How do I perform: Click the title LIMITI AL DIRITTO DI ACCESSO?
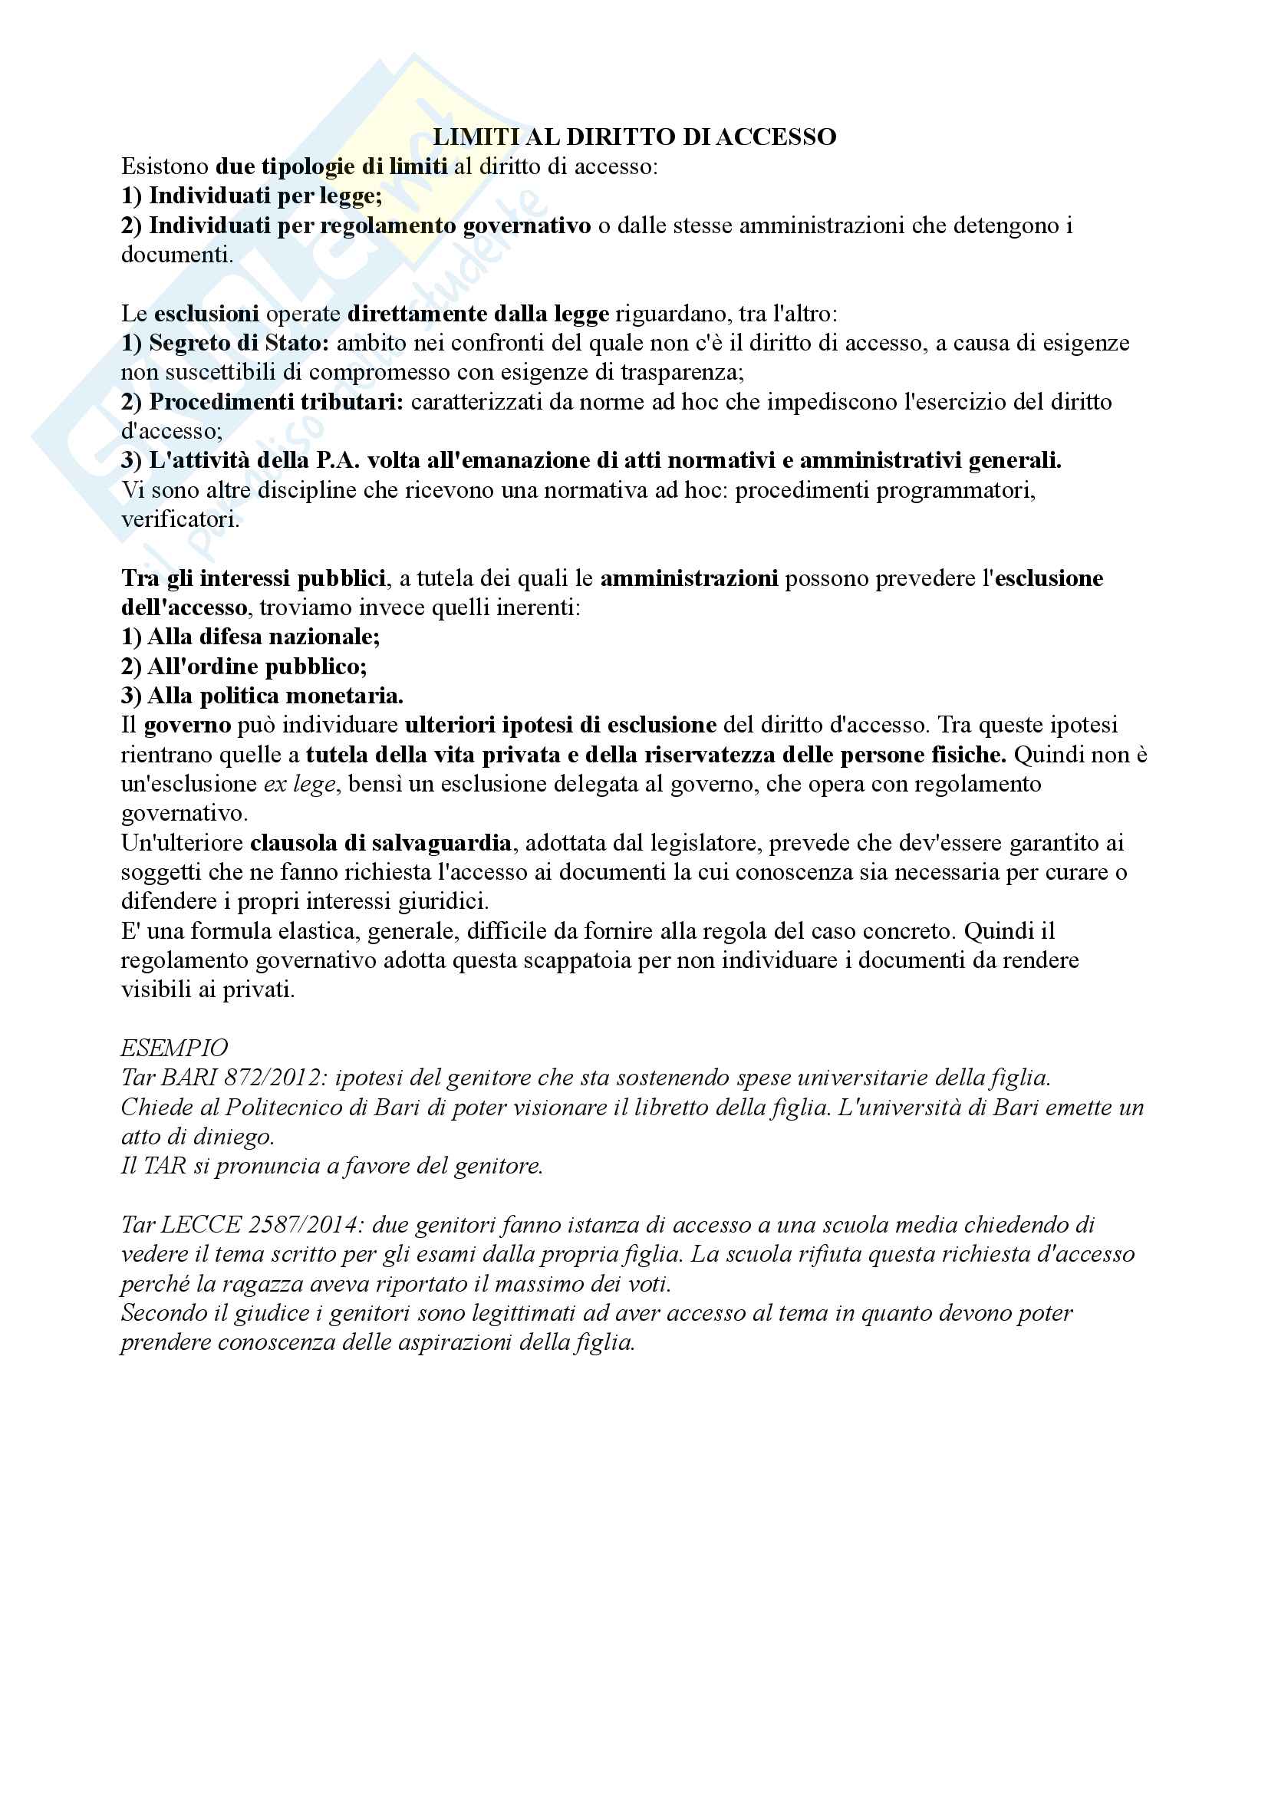click(634, 137)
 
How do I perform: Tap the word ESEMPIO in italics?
click(174, 1048)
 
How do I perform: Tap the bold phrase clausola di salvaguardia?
click(380, 842)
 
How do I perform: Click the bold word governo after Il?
click(187, 725)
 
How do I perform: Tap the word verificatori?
click(179, 519)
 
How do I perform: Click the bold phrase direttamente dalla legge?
click(478, 314)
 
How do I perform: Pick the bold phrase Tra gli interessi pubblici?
click(253, 578)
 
